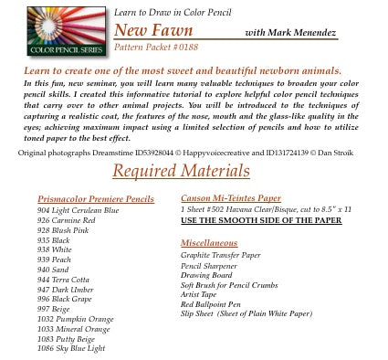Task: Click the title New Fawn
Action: click(x=153, y=30)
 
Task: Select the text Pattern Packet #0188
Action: click(x=152, y=45)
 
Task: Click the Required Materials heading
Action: click(x=180, y=171)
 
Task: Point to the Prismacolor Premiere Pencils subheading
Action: click(x=96, y=198)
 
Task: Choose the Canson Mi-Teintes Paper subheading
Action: click(x=230, y=197)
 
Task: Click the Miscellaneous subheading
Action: click(x=208, y=243)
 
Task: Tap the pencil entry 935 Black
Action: click(x=54, y=240)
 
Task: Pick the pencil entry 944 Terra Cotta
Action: click(x=63, y=279)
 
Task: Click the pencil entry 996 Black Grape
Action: click(x=64, y=299)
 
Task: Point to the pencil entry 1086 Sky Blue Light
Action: click(x=70, y=348)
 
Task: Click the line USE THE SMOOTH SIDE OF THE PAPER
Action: click(x=260, y=220)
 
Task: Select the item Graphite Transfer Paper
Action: click(x=220, y=255)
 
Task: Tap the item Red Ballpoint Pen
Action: click(x=210, y=304)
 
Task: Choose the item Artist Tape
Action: click(x=200, y=294)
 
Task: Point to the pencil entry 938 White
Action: click(x=54, y=249)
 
